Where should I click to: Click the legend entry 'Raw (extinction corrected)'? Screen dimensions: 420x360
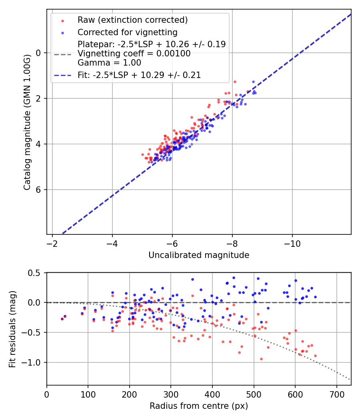tap(132, 20)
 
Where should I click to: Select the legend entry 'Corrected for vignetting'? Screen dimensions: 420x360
tap(128, 32)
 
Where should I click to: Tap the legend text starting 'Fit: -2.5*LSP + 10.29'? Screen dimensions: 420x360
tap(139, 75)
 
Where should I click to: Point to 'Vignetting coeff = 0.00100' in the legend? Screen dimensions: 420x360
tap(134, 54)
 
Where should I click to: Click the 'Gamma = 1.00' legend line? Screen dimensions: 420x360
tap(109, 63)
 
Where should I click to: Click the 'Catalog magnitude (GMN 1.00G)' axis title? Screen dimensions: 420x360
tap(27, 121)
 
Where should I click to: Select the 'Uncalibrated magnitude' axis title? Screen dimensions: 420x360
tap(199, 255)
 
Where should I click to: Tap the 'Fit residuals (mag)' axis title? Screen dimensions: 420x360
tap(12, 329)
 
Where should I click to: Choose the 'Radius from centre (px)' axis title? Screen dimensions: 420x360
tap(199, 406)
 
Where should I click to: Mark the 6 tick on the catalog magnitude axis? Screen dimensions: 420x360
tap(38, 190)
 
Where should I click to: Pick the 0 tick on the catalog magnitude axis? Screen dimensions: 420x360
tap(38, 53)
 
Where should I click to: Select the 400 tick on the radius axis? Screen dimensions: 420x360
tap(212, 394)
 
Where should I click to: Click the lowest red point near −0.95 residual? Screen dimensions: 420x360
tap(261, 359)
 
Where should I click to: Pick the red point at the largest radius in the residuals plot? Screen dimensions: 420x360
tap(315, 356)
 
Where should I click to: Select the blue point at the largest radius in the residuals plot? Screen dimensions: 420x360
tap(315, 297)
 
